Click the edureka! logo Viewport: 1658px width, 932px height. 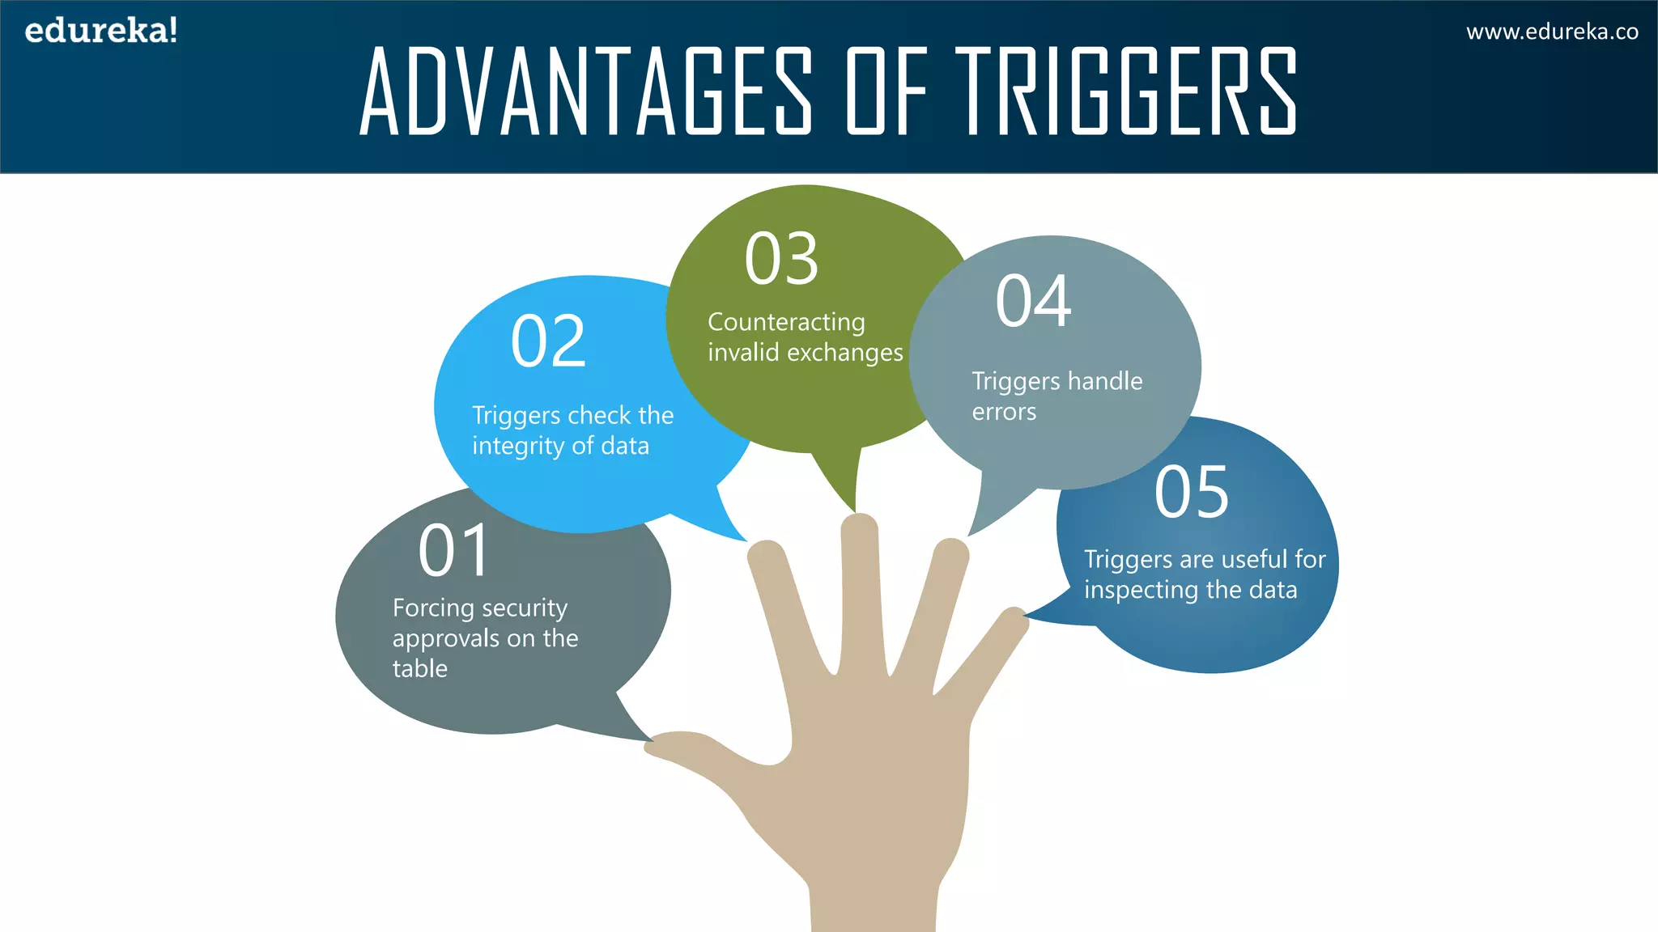click(x=101, y=31)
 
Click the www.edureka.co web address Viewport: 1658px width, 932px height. click(x=1552, y=32)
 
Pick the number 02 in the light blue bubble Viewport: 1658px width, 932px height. click(x=548, y=341)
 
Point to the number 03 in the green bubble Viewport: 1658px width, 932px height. click(x=781, y=259)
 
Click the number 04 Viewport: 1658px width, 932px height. click(x=1034, y=301)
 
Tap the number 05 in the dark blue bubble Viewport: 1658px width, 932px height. click(x=1191, y=492)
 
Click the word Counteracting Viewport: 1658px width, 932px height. click(x=786, y=322)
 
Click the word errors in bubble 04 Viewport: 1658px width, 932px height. click(x=1004, y=413)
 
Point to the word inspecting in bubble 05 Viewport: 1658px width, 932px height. click(x=1141, y=591)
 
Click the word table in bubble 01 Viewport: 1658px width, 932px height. click(x=419, y=669)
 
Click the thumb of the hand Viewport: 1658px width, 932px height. click(x=696, y=748)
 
